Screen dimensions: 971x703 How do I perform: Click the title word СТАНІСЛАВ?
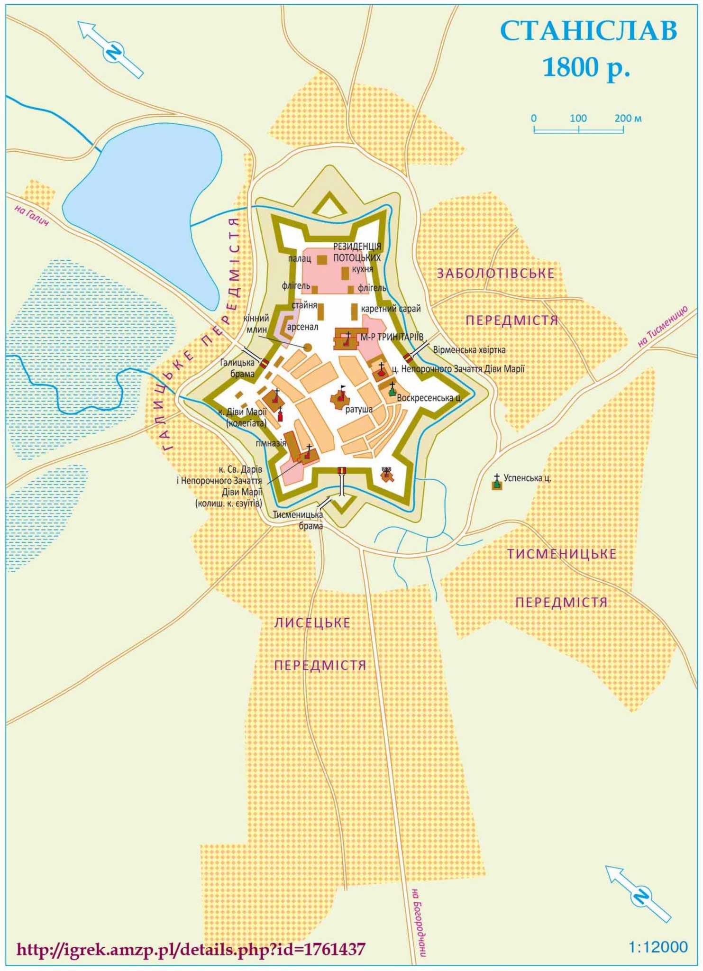click(x=588, y=31)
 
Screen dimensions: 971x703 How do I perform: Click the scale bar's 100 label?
click(x=578, y=118)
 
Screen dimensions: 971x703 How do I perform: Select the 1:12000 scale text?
click(x=657, y=947)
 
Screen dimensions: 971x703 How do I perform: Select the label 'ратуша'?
click(x=359, y=409)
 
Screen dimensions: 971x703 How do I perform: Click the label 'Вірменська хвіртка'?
click(x=469, y=350)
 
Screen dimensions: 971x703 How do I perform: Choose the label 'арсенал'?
click(x=302, y=327)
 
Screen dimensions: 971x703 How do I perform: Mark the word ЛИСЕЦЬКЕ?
click(x=312, y=623)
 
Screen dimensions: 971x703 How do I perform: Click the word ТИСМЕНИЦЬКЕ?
click(x=562, y=554)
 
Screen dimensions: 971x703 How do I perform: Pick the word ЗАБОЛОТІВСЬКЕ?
click(x=495, y=274)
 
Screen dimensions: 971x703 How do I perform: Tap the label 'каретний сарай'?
click(x=391, y=309)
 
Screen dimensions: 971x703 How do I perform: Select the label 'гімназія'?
click(x=271, y=443)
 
